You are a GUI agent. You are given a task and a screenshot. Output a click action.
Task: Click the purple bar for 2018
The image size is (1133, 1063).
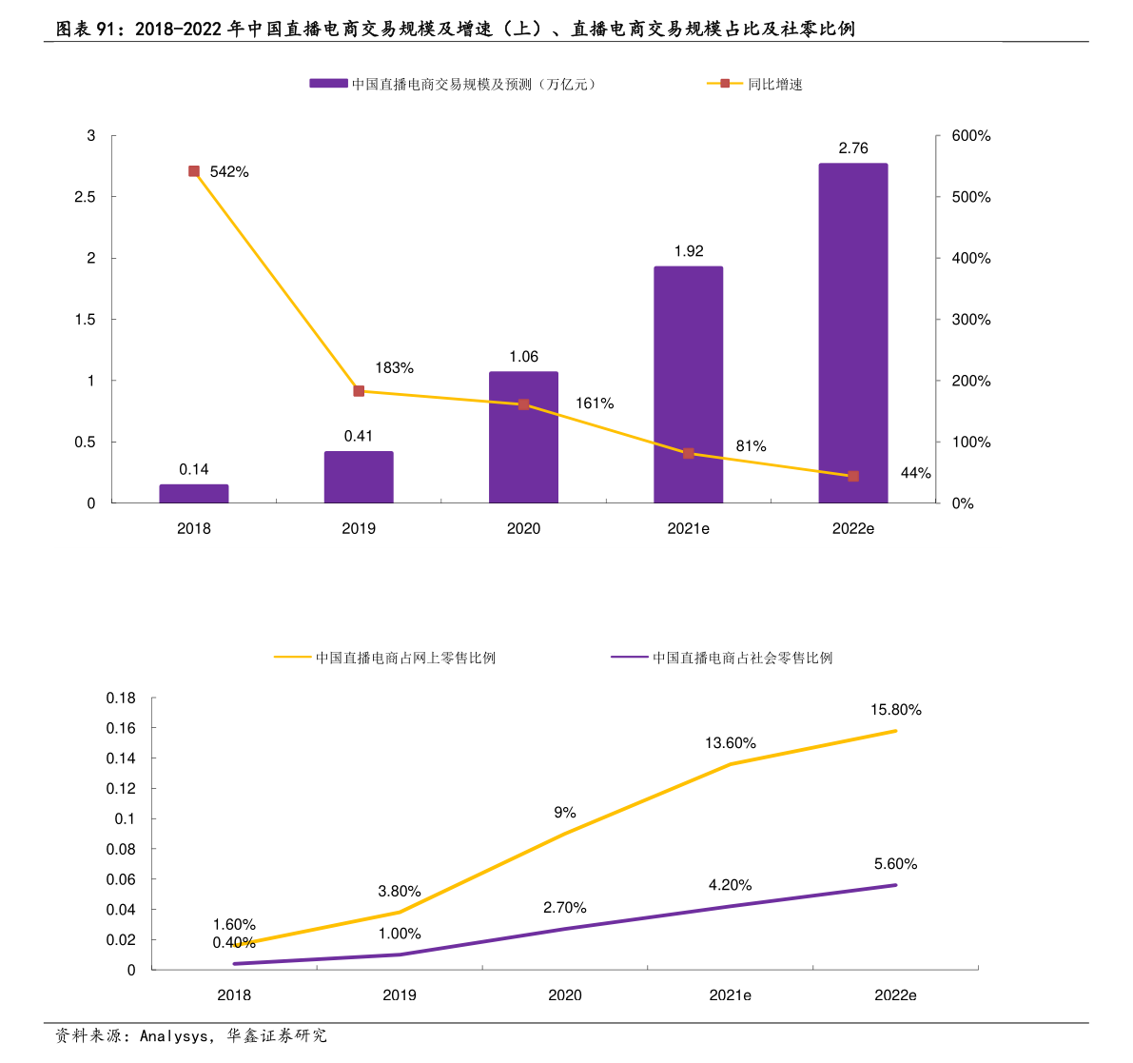[194, 493]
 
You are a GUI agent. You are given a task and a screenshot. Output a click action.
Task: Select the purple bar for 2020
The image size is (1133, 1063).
[523, 438]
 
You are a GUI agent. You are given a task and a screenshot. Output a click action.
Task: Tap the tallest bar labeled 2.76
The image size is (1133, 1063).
[853, 333]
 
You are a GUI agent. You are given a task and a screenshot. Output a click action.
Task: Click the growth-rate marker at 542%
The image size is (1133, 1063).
[194, 171]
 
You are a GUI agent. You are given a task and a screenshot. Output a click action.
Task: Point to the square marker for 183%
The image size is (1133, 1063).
[359, 391]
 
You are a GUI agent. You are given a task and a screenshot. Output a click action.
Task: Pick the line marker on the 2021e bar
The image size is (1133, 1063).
[688, 453]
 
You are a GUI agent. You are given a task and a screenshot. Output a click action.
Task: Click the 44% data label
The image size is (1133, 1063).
[915, 473]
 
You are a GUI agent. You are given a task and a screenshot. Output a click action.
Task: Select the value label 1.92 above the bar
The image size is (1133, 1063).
[688, 251]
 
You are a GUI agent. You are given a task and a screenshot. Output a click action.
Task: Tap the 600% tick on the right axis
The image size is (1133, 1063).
[970, 136]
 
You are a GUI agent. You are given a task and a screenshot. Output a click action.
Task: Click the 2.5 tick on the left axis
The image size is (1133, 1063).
[86, 197]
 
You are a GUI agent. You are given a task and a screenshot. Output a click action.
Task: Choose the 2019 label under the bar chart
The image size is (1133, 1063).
[359, 528]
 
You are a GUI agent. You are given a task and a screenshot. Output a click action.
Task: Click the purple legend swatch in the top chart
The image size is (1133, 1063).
[328, 84]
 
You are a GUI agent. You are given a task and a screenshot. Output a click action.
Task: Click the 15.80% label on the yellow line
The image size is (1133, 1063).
[895, 710]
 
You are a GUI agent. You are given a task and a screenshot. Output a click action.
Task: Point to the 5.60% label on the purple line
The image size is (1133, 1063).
[895, 864]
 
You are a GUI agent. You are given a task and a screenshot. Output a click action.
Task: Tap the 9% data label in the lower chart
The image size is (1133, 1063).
[565, 813]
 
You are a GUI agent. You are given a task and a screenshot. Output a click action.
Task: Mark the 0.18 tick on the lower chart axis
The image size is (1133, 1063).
[121, 698]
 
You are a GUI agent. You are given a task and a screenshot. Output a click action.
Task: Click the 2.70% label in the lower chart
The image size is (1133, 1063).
[565, 908]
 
